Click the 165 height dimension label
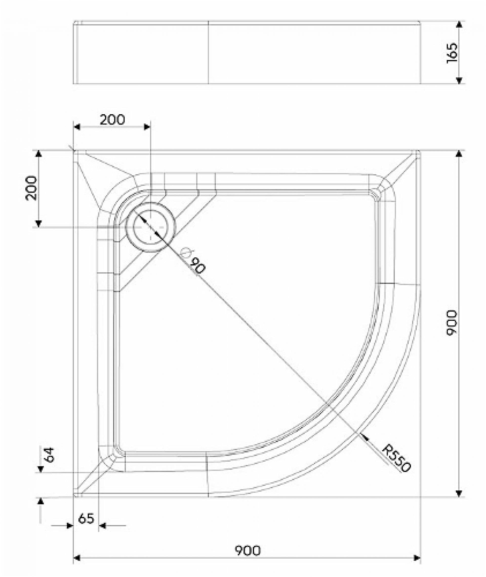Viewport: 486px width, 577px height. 452,53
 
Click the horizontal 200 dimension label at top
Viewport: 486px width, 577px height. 112,119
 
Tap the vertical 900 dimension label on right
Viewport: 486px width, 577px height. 452,322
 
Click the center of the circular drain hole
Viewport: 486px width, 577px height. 150,227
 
